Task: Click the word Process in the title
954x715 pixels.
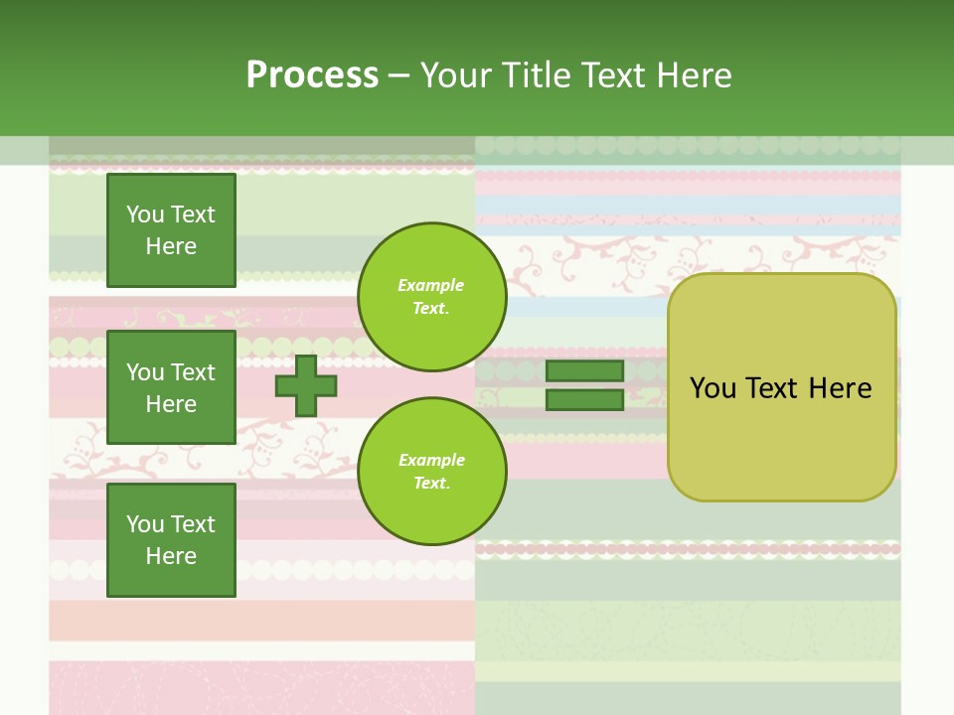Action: [x=312, y=75]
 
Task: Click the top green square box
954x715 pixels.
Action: [x=171, y=229]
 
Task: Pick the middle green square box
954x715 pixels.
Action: [x=171, y=387]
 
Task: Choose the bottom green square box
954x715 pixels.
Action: [x=171, y=540]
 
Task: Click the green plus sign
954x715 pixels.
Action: [x=305, y=385]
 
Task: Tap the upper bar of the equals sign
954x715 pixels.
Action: [x=584, y=370]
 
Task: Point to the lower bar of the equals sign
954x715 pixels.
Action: [x=584, y=400]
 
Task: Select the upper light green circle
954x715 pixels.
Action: [x=432, y=297]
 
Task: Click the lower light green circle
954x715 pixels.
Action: [x=432, y=471]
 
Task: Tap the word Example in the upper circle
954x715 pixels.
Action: [x=430, y=285]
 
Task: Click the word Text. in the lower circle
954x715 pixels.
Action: [x=432, y=483]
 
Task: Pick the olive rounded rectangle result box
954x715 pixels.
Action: [x=782, y=387]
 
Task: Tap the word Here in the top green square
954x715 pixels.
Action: [x=171, y=246]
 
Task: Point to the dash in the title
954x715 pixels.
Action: [x=399, y=77]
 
